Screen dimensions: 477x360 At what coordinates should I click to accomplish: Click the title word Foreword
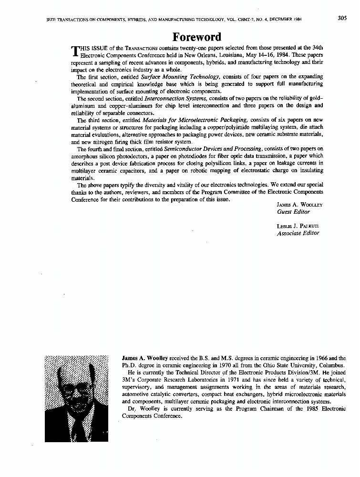pyautogui.click(x=197, y=37)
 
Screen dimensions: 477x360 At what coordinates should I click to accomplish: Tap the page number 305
pyautogui.click(x=342, y=19)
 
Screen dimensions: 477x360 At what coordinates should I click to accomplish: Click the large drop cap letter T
pyautogui.click(x=74, y=52)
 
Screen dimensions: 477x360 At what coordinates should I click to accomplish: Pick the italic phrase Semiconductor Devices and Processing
pyautogui.click(x=213, y=149)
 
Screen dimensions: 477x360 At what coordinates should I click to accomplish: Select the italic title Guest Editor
pyautogui.click(x=293, y=212)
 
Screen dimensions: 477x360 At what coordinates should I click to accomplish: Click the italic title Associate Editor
pyautogui.click(x=298, y=233)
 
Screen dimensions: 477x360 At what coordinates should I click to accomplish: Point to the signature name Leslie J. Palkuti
pyautogui.click(x=298, y=226)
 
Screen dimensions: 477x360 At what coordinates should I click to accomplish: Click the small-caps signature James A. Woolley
pyautogui.click(x=299, y=205)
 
